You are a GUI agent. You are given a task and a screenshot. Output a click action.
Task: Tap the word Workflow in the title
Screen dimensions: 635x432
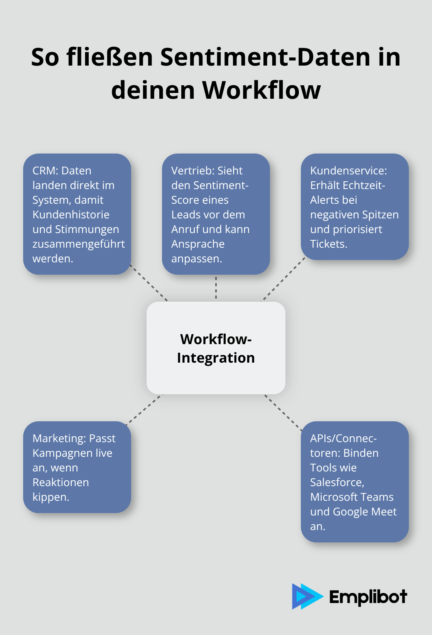point(262,90)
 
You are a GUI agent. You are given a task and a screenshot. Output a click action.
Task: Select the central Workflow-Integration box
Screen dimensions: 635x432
point(216,348)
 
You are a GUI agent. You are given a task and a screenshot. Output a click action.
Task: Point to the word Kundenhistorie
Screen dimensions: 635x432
point(71,214)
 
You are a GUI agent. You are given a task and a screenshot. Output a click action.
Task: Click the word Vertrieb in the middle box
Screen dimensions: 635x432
point(192,171)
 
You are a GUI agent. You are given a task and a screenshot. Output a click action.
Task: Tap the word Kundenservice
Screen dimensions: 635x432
point(348,171)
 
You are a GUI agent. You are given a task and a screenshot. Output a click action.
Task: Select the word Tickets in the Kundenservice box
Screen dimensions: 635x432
point(328,244)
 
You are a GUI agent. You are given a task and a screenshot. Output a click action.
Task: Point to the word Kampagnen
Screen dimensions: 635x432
point(59,453)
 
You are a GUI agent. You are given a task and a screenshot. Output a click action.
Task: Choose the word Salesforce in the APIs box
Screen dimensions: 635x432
point(337,482)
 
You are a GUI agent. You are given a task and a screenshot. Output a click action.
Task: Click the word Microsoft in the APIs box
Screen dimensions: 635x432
point(334,497)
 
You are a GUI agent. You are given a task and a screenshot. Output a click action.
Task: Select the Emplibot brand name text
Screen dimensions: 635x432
point(368,597)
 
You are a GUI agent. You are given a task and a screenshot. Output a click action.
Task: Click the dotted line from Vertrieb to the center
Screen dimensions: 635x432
point(216,288)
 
